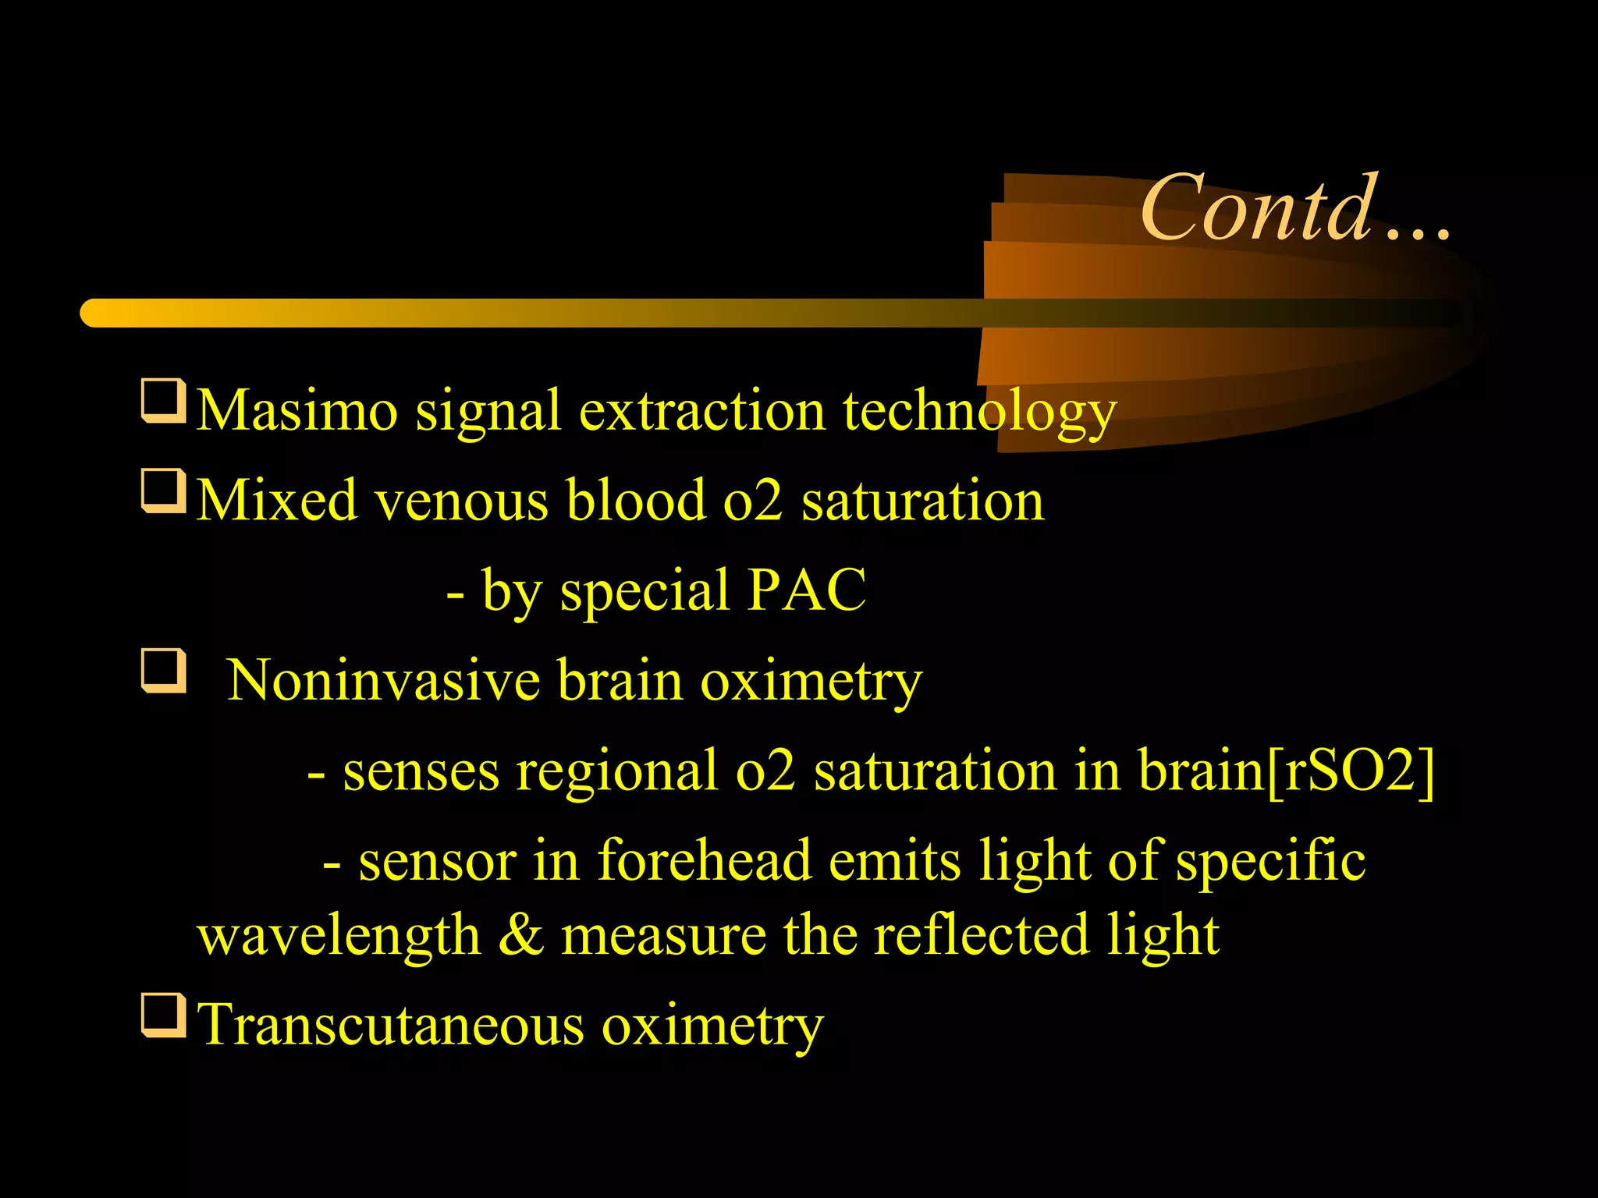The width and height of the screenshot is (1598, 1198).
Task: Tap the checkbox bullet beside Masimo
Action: (x=163, y=401)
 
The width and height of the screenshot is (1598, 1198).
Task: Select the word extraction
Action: (x=701, y=410)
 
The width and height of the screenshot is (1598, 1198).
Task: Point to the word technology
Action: (x=979, y=412)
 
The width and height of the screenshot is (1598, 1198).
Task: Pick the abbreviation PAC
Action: (x=806, y=590)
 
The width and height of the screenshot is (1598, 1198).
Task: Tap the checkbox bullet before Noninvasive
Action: (x=163, y=671)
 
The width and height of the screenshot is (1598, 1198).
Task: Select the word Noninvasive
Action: (x=383, y=681)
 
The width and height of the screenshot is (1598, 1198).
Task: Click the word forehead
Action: (x=704, y=861)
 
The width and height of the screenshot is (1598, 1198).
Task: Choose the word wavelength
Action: (x=339, y=935)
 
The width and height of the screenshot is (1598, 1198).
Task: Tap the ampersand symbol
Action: (x=520, y=935)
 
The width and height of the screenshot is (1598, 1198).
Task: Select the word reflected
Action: (x=981, y=935)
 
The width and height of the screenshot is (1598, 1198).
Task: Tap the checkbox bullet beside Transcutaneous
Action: (x=163, y=1015)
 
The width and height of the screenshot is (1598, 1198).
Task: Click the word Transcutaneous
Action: (x=391, y=1025)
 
